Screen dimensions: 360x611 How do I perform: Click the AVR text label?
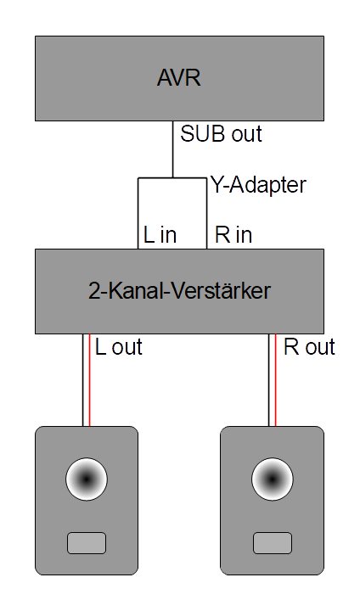179,77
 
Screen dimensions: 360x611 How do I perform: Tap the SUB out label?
221,134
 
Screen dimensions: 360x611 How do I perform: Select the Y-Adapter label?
259,185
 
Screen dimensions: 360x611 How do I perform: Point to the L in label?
160,235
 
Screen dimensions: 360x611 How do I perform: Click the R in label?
233,235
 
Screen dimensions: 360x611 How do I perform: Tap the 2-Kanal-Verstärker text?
179,291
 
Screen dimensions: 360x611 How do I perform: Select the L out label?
119,347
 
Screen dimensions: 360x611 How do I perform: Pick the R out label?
309,347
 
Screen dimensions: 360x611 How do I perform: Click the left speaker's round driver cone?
87,479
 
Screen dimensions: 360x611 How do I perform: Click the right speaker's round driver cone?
273,479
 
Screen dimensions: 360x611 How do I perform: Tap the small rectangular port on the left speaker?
87,543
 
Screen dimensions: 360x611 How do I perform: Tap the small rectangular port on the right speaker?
273,543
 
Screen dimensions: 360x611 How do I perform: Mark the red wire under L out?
90,380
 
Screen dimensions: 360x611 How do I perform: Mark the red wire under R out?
276,380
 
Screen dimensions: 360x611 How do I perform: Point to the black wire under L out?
82,380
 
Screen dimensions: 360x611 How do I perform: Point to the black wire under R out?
269,380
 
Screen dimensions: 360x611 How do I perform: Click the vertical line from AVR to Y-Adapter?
173,149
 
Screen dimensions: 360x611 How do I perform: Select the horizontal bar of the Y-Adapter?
172,178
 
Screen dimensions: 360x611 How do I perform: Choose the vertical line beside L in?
138,214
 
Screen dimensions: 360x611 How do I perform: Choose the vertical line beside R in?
206,214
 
